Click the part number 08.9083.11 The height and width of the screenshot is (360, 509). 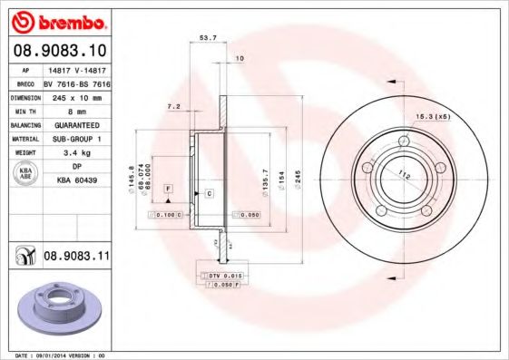77,258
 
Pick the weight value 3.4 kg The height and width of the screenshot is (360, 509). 77,153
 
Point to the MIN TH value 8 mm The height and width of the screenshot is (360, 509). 77,110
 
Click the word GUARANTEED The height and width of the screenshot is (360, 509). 77,124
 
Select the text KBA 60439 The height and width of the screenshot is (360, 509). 77,180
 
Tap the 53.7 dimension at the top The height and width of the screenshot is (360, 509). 207,38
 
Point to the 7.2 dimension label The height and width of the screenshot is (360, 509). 174,106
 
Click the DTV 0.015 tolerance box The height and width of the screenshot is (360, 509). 222,274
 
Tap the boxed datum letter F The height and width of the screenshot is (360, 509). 169,187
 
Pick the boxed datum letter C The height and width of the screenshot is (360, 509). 209,194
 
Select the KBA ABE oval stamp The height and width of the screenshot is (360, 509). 25,173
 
